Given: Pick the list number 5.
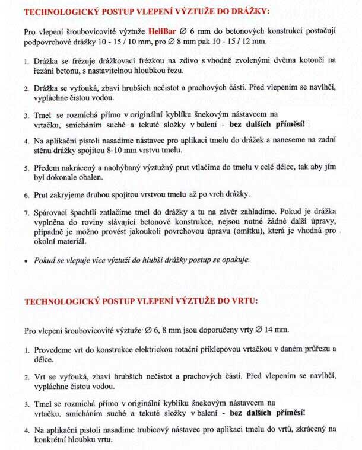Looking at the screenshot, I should (27, 169).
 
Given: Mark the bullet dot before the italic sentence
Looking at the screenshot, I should (27, 260).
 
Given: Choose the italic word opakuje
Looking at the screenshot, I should (233, 260).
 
